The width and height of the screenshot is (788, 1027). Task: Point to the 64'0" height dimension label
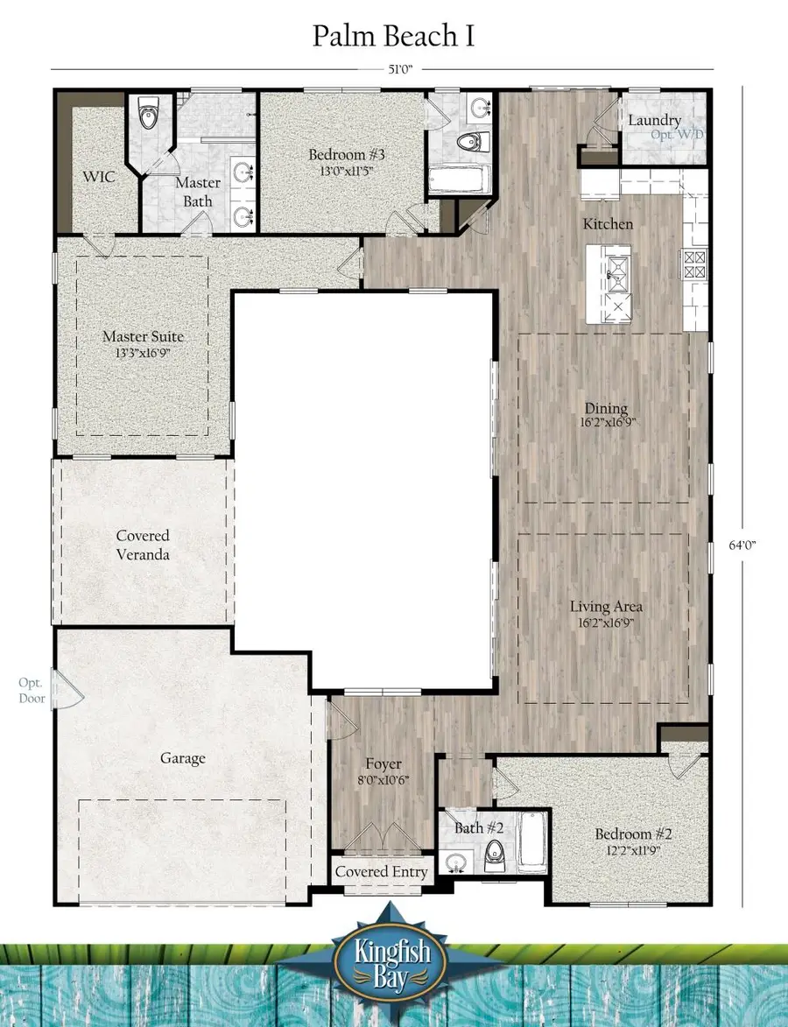(742, 544)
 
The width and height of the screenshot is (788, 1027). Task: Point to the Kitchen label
(608, 224)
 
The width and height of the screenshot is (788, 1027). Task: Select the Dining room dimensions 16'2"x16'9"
(606, 421)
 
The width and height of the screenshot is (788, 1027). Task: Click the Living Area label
(606, 606)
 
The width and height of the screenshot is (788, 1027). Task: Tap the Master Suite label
(143, 336)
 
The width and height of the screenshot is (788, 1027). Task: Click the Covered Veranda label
(143, 545)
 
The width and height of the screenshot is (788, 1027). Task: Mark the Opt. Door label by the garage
(32, 690)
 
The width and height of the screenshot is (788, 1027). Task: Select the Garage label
(183, 758)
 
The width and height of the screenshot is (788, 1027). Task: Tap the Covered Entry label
(382, 872)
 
